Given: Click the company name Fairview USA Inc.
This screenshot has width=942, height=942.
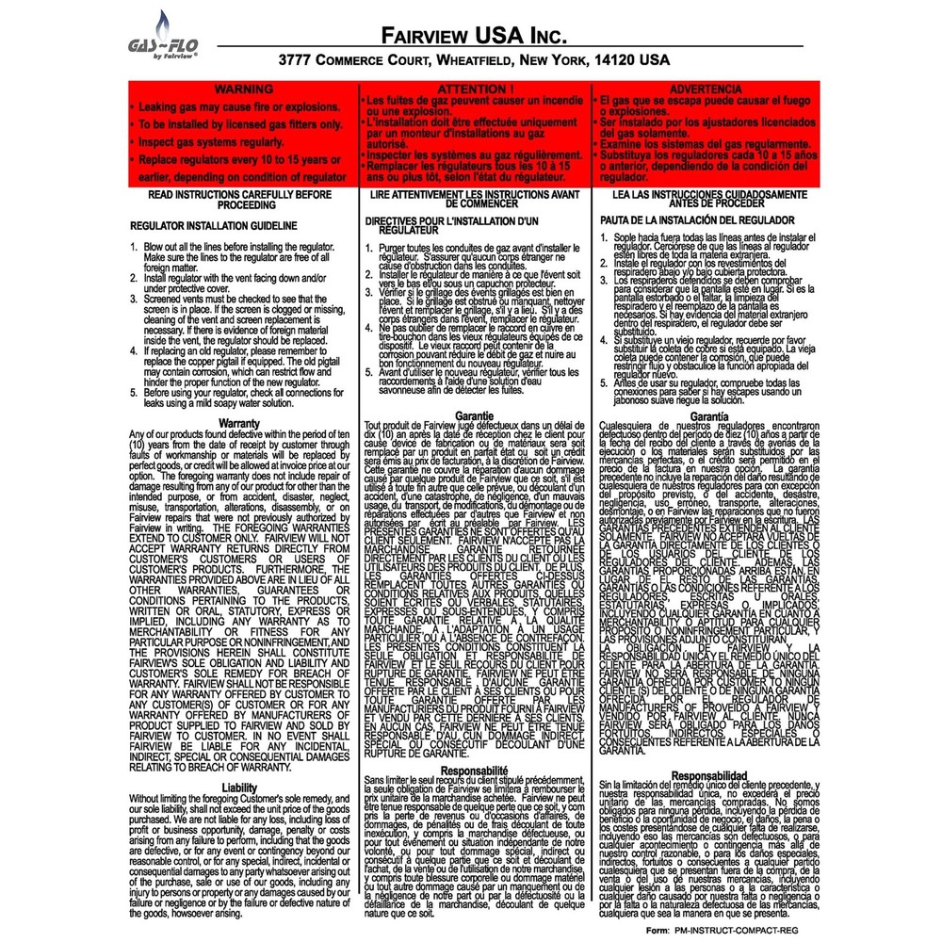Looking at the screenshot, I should click(x=476, y=36).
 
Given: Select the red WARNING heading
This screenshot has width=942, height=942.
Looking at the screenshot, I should click(x=244, y=89).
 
